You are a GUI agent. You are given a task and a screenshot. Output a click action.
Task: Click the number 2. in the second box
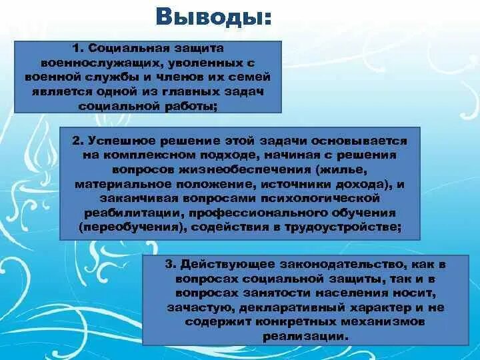click(x=78, y=141)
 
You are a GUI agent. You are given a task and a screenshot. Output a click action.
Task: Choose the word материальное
click(x=114, y=184)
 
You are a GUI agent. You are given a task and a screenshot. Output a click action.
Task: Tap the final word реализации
click(x=318, y=337)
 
